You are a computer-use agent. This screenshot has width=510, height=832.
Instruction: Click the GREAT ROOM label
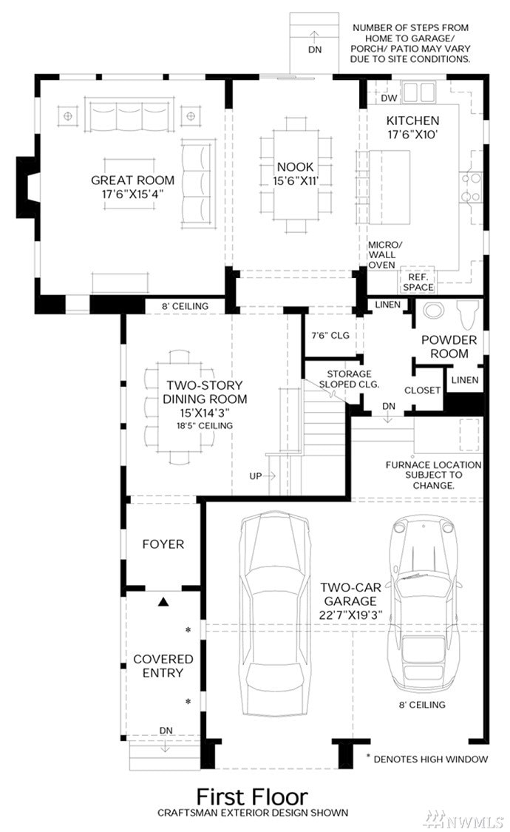[132, 180]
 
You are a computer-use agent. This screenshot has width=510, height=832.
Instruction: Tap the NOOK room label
[296, 166]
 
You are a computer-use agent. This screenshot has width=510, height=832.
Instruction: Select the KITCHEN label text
[412, 121]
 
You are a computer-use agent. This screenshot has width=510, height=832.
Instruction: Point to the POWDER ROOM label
[449, 347]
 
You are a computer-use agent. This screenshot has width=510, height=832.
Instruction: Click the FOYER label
[163, 544]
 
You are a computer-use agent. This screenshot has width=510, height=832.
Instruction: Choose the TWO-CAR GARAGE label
[350, 595]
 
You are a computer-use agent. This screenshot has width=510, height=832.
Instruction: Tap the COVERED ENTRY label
[163, 666]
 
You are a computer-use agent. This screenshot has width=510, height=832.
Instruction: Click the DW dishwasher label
[389, 98]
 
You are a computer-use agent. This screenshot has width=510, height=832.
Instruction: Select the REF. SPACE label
[418, 283]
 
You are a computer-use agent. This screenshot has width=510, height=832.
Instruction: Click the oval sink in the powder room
[433, 311]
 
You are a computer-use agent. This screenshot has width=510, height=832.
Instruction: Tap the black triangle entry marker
[163, 602]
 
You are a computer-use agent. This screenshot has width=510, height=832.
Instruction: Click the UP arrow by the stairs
[269, 476]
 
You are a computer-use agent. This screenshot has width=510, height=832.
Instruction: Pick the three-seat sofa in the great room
[130, 114]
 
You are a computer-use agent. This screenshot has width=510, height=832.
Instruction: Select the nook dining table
[296, 175]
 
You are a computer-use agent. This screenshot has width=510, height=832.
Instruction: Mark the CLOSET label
[423, 390]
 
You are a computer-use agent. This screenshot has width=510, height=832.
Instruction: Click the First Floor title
[252, 797]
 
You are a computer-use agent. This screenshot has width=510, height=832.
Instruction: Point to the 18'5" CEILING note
[205, 425]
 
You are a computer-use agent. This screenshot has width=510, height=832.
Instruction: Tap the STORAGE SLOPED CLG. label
[349, 379]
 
